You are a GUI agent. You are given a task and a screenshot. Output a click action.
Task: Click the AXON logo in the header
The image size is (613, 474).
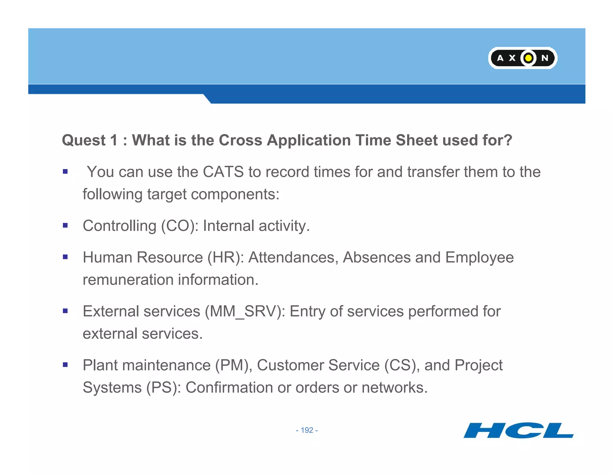523,58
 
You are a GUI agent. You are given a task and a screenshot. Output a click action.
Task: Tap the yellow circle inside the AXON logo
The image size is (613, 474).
529,58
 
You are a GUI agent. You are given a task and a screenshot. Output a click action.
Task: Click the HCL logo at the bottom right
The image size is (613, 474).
518,431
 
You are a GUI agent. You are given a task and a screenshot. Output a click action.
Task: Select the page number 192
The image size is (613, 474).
307,430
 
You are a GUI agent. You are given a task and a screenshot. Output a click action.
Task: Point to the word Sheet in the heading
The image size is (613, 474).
416,140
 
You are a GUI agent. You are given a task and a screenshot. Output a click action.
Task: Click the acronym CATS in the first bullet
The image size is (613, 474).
223,172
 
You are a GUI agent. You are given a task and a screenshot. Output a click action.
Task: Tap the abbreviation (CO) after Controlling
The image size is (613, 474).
180,226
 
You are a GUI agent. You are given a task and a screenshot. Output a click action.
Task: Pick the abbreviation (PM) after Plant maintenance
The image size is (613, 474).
233,365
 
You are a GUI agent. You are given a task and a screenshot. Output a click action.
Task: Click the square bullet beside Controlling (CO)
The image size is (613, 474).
65,225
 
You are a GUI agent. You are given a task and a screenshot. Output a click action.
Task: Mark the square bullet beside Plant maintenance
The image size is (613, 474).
65,365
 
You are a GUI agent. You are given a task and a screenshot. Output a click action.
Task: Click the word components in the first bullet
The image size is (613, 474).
235,194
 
